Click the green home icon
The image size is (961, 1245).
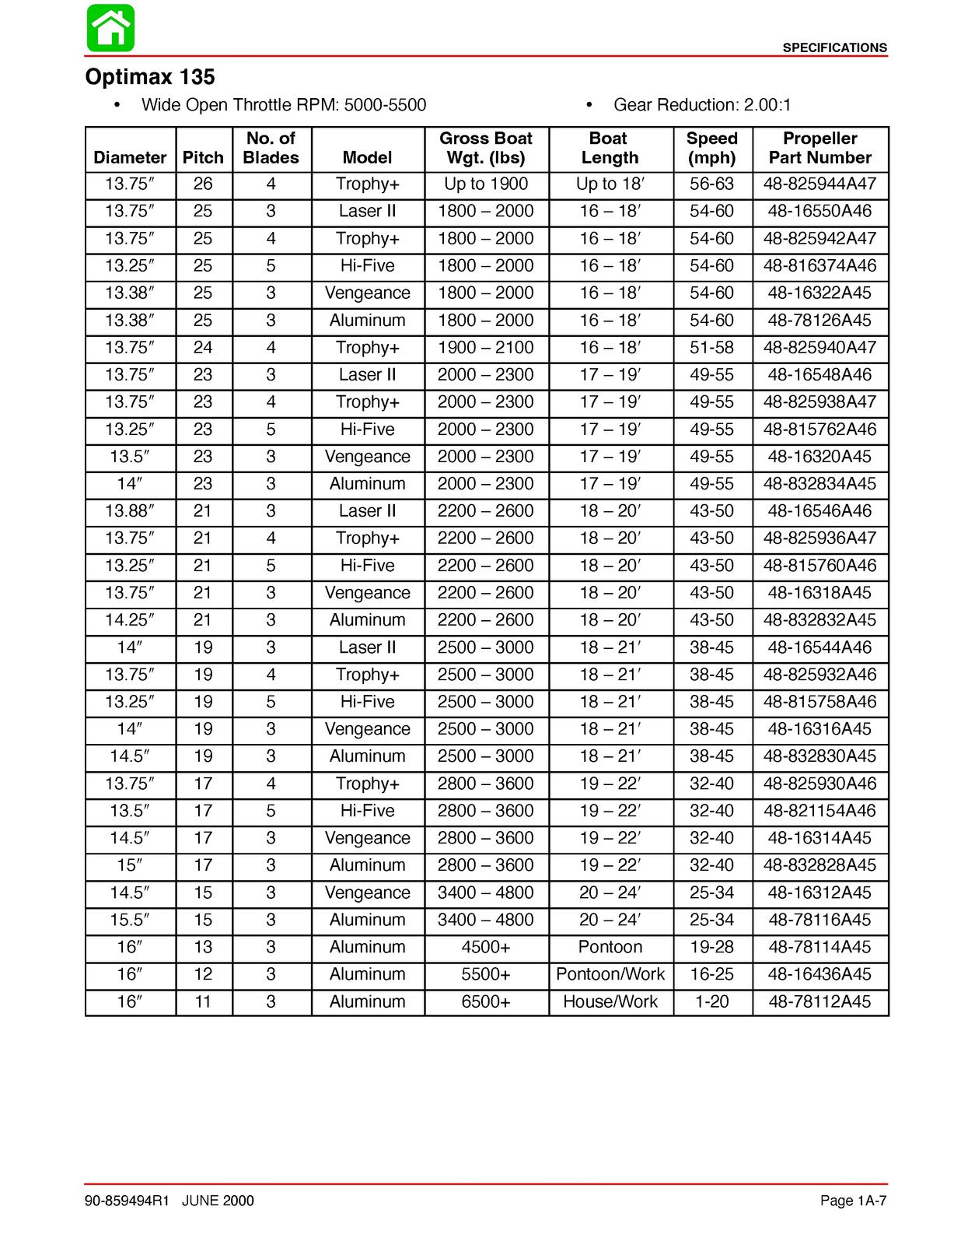tap(110, 28)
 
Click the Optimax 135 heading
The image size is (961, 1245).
tap(149, 77)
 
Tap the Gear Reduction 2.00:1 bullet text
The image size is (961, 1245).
tap(701, 105)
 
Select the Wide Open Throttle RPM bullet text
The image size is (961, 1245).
tap(283, 105)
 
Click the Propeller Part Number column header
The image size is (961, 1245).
tap(819, 148)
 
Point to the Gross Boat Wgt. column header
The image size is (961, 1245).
tap(486, 148)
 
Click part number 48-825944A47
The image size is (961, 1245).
tap(819, 184)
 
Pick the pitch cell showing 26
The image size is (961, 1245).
tap(203, 184)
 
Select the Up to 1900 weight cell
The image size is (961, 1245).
tap(486, 184)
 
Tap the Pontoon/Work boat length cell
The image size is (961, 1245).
tap(610, 974)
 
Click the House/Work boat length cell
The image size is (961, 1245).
tap(610, 1001)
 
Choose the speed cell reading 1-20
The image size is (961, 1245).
tap(711, 1001)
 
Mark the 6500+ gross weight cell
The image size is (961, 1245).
tap(486, 1001)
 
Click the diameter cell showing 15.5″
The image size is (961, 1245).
tap(130, 920)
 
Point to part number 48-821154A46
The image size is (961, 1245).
tap(819, 811)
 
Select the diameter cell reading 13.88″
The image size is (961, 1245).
tap(130, 511)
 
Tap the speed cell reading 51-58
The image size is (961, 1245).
tap(711, 348)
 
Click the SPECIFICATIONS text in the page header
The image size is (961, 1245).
tap(834, 47)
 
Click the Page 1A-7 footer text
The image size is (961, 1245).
tap(853, 1201)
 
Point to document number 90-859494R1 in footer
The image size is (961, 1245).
tap(127, 1201)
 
